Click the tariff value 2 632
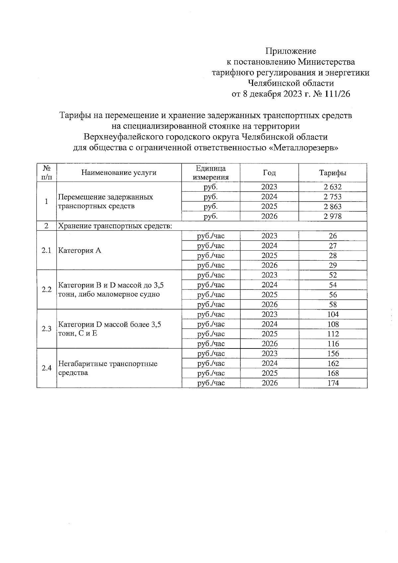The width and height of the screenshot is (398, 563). pos(333,187)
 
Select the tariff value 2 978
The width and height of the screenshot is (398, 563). pos(333,217)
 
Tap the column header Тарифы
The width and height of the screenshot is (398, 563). pos(333,173)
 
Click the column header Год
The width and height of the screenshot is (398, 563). pos(269,173)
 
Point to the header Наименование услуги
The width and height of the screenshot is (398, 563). pos(119,173)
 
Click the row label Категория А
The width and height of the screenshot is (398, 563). pos(80,251)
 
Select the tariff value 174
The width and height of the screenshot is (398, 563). pos(333,383)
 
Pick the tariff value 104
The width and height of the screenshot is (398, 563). pos(333,314)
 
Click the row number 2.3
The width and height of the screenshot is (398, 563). pos(46,329)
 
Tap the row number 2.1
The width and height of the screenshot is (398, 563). pos(46,251)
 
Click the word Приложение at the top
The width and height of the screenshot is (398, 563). pos(291,51)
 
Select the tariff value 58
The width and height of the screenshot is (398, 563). pos(333,305)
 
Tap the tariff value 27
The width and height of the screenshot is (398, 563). pos(333,246)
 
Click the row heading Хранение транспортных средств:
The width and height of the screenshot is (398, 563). pos(115,226)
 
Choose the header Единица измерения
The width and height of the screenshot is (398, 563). pos(211,173)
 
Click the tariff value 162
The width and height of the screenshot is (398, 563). pos(333,364)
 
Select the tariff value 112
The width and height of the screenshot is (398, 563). pos(333,334)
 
